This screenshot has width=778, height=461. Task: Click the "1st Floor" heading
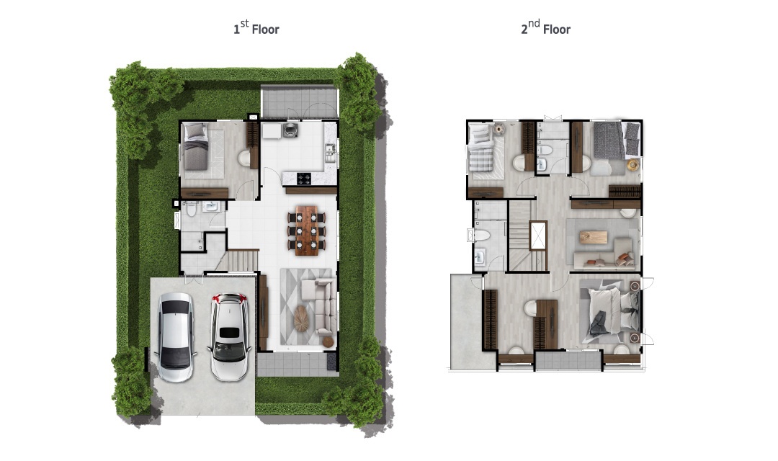pyautogui.click(x=256, y=28)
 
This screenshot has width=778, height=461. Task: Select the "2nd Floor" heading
pyautogui.click(x=545, y=28)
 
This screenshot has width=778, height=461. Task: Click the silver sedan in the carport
pyautogui.click(x=175, y=336)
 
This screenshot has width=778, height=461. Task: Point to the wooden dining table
pyautogui.click(x=307, y=230)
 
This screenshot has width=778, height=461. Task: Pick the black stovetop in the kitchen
pyautogui.click(x=304, y=178)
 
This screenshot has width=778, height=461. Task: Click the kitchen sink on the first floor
pyautogui.click(x=329, y=152)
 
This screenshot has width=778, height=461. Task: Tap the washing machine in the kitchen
pyautogui.click(x=290, y=130)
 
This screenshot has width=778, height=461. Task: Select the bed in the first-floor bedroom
pyautogui.click(x=196, y=146)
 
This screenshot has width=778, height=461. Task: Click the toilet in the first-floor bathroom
pyautogui.click(x=192, y=210)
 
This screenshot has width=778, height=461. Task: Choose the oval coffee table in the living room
pyautogui.click(x=301, y=318)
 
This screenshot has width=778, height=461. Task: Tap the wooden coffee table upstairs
pyautogui.click(x=593, y=237)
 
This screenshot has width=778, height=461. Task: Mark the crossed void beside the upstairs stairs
pyautogui.click(x=538, y=236)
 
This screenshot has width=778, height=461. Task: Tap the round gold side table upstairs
pyautogui.click(x=633, y=165)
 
